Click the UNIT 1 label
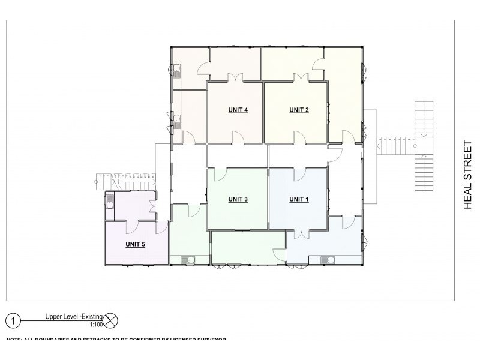point(299,199)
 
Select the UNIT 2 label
point(299,109)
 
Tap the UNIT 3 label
point(238,199)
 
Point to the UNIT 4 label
point(238,109)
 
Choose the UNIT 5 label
point(135,244)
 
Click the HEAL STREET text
point(469,173)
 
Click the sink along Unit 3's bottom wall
point(188,260)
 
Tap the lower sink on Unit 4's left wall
point(178,118)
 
